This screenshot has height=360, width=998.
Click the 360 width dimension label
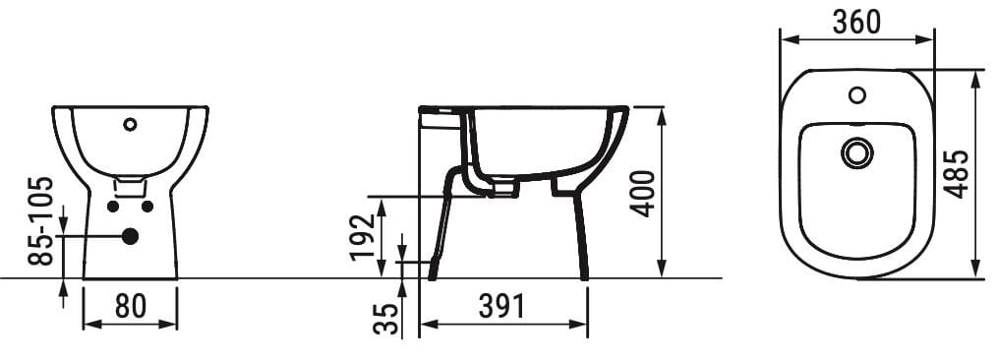pos(855,22)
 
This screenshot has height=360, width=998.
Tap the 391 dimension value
pos(501,308)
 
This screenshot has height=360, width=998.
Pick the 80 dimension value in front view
pos(130,307)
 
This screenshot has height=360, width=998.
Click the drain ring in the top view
pos(857,152)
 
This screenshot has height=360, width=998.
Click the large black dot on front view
pos(129,236)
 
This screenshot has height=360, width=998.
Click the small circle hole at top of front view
pos(129,125)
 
